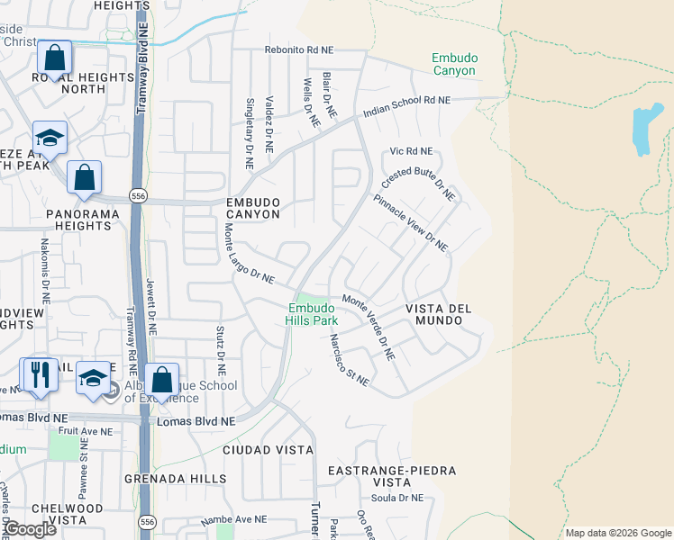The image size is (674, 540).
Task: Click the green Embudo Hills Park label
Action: click(x=312, y=313)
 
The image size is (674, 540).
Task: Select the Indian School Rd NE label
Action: click(x=405, y=107)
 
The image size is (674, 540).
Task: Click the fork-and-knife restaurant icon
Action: click(x=39, y=374)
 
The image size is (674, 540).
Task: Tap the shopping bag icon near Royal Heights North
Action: click(x=55, y=58)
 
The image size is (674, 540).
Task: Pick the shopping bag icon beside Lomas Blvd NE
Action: click(x=162, y=380)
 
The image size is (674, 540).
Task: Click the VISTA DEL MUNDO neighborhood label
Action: click(x=439, y=314)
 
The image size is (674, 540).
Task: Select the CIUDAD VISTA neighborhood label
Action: click(x=269, y=449)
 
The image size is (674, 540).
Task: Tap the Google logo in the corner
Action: click(x=30, y=529)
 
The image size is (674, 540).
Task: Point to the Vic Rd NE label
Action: click(x=411, y=151)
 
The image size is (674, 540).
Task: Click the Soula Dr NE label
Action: click(x=397, y=498)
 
